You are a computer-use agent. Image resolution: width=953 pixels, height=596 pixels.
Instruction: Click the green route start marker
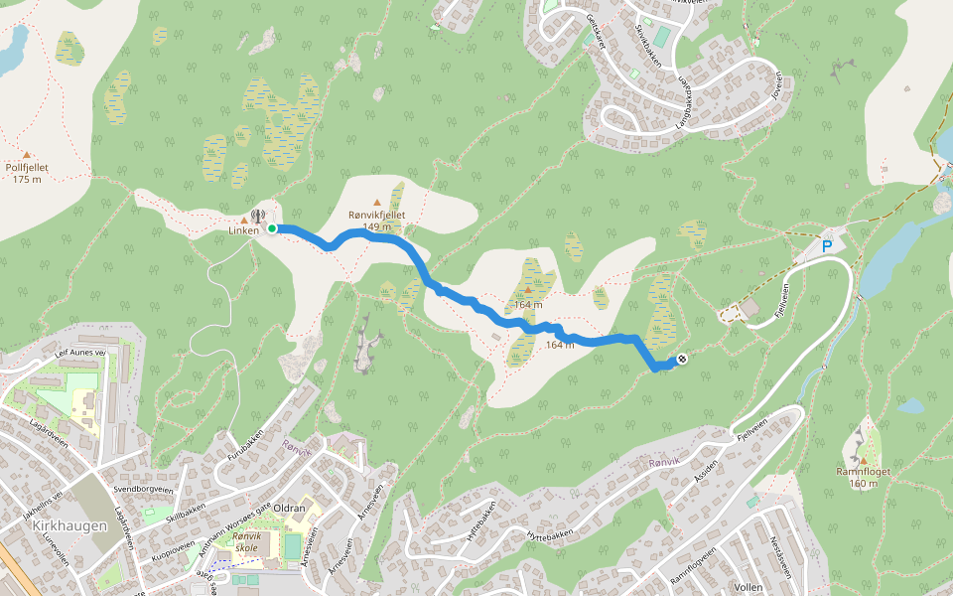point(271,228)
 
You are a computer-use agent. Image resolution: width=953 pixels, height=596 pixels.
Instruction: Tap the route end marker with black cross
point(682,359)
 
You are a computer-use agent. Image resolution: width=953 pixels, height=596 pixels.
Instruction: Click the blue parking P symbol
point(826,245)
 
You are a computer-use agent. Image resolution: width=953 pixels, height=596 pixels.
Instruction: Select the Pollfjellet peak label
point(28,168)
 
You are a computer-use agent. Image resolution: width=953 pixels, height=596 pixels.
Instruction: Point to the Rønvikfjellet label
point(377,215)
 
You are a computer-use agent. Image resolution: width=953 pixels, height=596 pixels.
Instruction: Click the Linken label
point(242,230)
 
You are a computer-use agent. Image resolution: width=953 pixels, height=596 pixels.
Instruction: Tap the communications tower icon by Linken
point(258,216)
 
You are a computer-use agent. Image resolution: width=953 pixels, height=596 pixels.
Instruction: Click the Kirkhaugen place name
point(69,524)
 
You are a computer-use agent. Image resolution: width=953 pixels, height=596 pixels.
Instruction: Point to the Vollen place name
point(745,587)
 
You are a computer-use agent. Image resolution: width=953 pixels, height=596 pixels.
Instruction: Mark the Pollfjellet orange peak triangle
point(27,155)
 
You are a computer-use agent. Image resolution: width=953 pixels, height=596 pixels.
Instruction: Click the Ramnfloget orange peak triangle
point(863,459)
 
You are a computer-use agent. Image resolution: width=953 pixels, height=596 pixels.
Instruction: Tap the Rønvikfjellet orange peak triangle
point(376,203)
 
